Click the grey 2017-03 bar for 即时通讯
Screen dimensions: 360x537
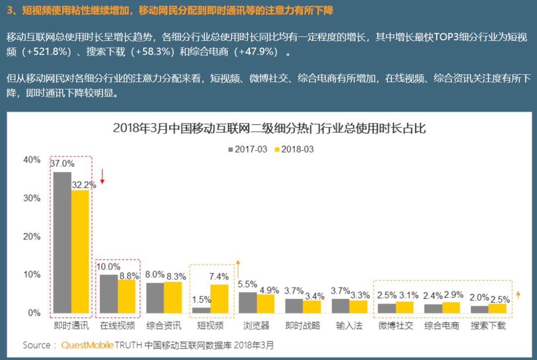click(x=62, y=242)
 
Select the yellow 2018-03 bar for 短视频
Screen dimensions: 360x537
click(x=219, y=298)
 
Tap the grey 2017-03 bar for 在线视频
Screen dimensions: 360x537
click(x=108, y=293)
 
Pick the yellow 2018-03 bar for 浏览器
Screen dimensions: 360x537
click(x=265, y=303)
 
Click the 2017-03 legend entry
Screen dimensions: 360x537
click(x=247, y=149)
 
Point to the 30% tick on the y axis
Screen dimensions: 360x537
click(x=31, y=198)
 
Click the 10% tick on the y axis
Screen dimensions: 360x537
click(x=31, y=274)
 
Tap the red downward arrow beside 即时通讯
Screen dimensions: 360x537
click(x=102, y=176)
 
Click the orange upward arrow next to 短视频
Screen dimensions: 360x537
click(x=238, y=269)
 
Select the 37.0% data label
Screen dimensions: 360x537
click(x=62, y=163)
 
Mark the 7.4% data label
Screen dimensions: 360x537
click(x=219, y=276)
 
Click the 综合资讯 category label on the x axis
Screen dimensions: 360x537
click(x=164, y=326)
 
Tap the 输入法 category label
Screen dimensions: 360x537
click(x=349, y=326)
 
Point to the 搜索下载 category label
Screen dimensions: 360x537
click(x=488, y=326)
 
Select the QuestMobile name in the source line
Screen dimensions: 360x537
click(x=88, y=345)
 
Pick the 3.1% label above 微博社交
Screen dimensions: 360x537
click(x=405, y=295)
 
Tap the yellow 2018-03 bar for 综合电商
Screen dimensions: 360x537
click(x=451, y=307)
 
